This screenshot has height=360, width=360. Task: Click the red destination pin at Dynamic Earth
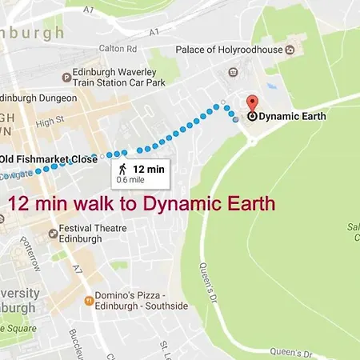pyautogui.click(x=252, y=103)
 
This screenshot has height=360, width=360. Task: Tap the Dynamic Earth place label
pyautogui.click(x=289, y=116)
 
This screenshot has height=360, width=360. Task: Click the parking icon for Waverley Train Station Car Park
pyautogui.click(x=66, y=77)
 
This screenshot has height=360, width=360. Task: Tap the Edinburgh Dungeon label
pyautogui.click(x=40, y=98)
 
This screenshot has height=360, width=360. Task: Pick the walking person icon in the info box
pyautogui.click(x=122, y=169)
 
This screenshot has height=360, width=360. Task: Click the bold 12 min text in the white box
pyautogui.click(x=149, y=168)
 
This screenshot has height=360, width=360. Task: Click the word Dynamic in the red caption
pyautogui.click(x=174, y=204)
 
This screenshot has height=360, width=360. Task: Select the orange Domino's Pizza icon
pyautogui.click(x=89, y=301)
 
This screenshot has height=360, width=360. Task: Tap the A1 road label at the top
pyautogui.click(x=154, y=31)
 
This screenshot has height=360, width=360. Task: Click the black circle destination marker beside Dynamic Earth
pyautogui.click(x=252, y=116)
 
